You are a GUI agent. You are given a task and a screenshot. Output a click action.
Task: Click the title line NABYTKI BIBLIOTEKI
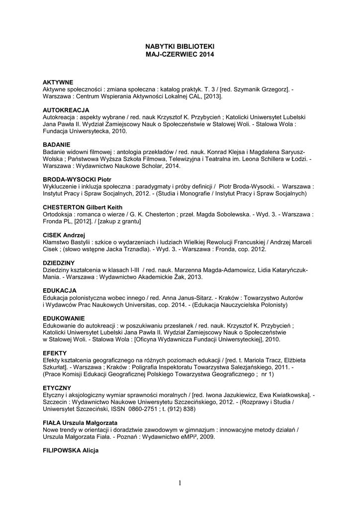click(x=180, y=46)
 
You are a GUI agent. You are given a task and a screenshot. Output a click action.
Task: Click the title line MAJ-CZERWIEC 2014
click(x=180, y=54)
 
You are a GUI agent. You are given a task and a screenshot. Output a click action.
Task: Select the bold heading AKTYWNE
click(x=58, y=82)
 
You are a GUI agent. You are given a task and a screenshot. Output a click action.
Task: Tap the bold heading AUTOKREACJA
click(x=66, y=109)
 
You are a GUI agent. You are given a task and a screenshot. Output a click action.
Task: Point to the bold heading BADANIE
click(x=57, y=144)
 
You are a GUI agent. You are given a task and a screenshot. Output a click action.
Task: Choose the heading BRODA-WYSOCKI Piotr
click(x=77, y=178)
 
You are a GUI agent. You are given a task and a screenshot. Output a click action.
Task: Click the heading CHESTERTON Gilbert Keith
click(x=83, y=207)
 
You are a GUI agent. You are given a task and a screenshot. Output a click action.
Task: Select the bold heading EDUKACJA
click(x=60, y=290)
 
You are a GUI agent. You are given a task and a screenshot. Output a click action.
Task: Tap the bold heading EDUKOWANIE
click(x=64, y=318)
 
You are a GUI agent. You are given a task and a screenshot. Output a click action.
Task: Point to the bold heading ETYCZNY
click(x=57, y=387)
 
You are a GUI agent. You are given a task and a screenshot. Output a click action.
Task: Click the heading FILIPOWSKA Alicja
click(x=71, y=450)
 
